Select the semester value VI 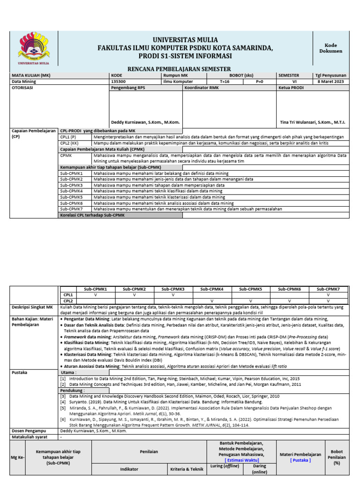(x=294, y=82)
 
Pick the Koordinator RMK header (x=202, y=88)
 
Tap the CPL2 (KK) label (x=70, y=142)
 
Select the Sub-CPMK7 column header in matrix (x=328, y=289)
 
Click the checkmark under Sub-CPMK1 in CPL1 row (x=95, y=295)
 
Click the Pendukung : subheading (x=72, y=390)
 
